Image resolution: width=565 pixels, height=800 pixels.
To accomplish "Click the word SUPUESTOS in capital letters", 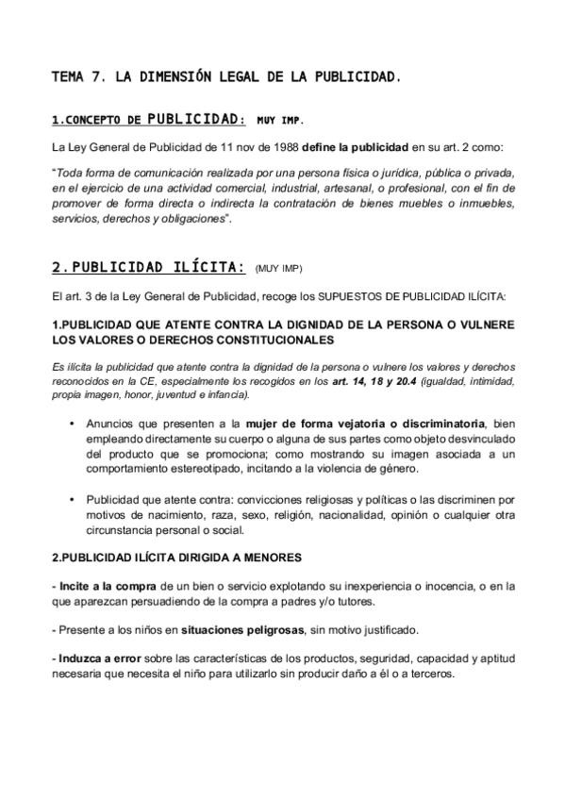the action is (x=347, y=296).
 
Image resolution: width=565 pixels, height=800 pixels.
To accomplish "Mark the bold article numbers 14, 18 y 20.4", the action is (x=366, y=381).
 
